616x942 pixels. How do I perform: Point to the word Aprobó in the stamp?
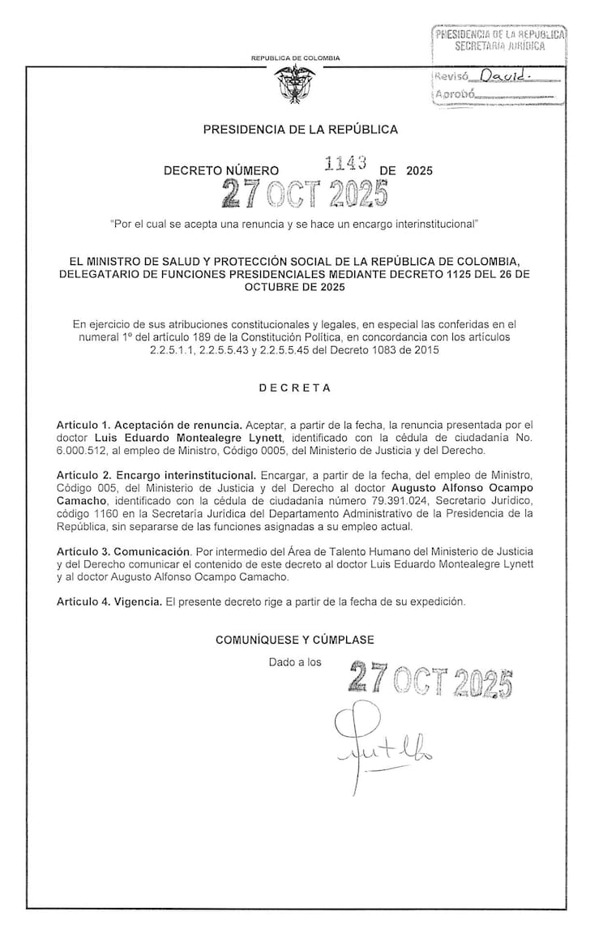click(453, 95)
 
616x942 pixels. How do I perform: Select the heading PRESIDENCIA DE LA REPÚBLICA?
click(300, 129)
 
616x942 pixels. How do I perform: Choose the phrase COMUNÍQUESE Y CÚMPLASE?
click(295, 640)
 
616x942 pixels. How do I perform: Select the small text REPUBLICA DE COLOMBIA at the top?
click(295, 58)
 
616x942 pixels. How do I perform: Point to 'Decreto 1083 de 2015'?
click(382, 349)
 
